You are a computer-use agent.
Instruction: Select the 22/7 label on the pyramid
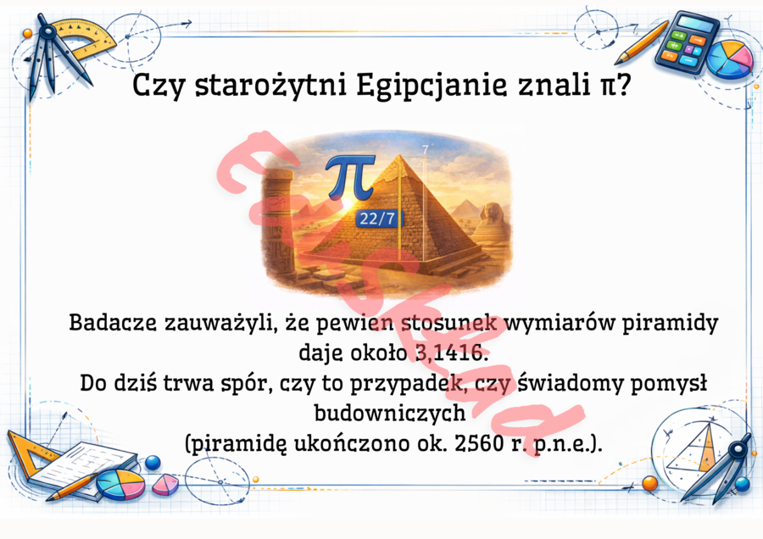[x=376, y=219]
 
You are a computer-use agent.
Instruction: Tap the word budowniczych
[x=389, y=413]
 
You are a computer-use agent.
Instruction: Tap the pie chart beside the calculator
[x=729, y=58]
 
